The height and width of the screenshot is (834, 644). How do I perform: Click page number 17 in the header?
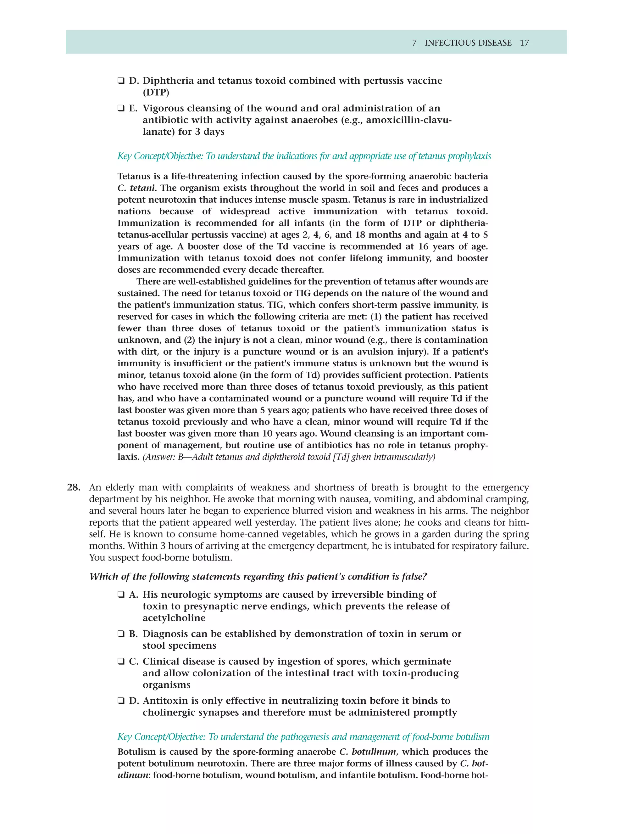click(x=524, y=43)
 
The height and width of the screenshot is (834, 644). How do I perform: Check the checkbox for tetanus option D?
click(x=121, y=81)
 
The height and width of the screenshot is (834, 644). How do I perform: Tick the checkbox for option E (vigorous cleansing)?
click(x=121, y=109)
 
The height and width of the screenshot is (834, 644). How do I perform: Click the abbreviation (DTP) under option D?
click(x=156, y=93)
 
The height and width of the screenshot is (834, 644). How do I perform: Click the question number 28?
click(x=73, y=487)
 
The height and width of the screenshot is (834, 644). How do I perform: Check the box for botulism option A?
click(x=121, y=595)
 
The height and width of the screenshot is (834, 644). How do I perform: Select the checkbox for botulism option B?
click(x=121, y=634)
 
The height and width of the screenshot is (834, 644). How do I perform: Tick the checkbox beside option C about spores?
click(x=121, y=662)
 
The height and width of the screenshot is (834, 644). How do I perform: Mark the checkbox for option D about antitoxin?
click(x=121, y=701)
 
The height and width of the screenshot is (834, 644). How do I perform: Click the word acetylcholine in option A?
click(x=174, y=618)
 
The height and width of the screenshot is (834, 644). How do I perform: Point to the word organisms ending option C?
click(x=166, y=685)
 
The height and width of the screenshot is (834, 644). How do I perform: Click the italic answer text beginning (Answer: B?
click(x=288, y=457)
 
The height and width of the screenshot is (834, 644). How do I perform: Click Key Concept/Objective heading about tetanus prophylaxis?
click(x=304, y=156)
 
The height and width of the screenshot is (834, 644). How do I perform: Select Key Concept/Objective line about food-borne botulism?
click(x=303, y=737)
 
